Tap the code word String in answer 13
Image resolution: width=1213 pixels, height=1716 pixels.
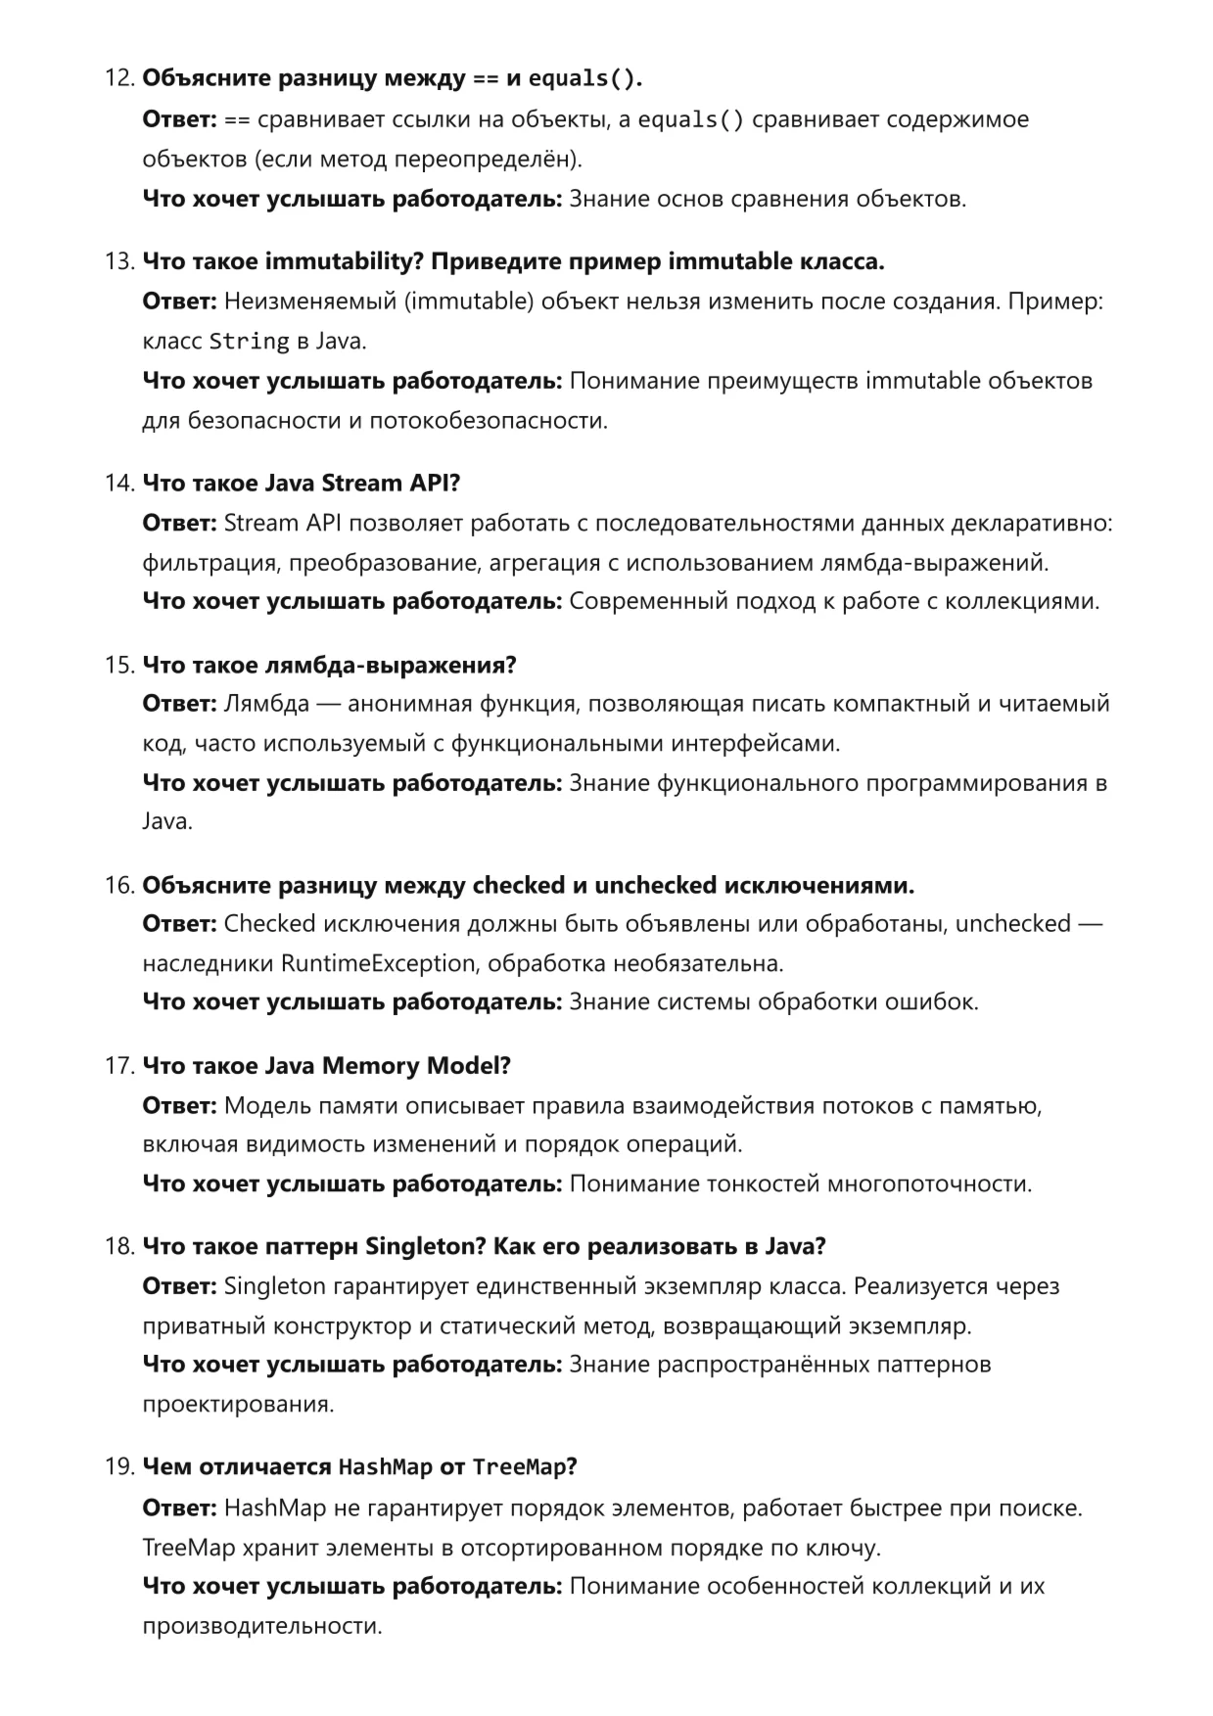pyautogui.click(x=249, y=342)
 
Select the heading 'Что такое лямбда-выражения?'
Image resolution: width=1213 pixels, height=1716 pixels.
pyautogui.click(x=329, y=665)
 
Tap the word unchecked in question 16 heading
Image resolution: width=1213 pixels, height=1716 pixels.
pyautogui.click(x=655, y=885)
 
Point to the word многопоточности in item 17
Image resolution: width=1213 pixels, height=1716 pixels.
pyautogui.click(x=929, y=1183)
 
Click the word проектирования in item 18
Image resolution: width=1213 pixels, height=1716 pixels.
pyautogui.click(x=237, y=1404)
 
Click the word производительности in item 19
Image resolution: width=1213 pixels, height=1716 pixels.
pyautogui.click(x=260, y=1626)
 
